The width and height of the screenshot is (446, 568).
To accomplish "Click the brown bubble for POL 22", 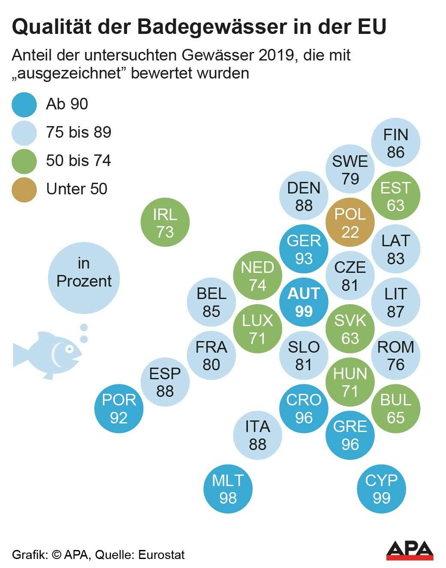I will [x=350, y=223].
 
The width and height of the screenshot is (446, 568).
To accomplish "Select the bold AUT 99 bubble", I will [x=304, y=302].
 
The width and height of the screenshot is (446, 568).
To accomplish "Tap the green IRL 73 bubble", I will [x=165, y=223].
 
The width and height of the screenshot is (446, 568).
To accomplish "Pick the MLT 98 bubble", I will [x=228, y=489].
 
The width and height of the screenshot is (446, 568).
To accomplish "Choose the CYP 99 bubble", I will [x=381, y=489].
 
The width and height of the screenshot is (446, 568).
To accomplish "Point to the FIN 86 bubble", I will [x=395, y=143].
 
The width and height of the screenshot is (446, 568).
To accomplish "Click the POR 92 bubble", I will [x=119, y=409].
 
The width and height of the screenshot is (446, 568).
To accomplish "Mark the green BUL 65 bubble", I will [x=395, y=409].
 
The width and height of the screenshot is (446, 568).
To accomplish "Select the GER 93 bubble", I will [x=304, y=249].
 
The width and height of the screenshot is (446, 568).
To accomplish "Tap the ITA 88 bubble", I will [x=257, y=435].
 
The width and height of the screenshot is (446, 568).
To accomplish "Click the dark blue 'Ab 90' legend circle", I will [x=24, y=104].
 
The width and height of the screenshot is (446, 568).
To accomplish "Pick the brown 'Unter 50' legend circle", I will [x=24, y=189].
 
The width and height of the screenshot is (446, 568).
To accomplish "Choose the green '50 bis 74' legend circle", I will [x=24, y=161].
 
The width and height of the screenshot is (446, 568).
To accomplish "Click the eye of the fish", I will [x=67, y=349].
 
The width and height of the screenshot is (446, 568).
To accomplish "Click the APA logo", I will [x=410, y=550].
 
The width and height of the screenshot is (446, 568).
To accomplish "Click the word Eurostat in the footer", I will [x=161, y=555].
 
